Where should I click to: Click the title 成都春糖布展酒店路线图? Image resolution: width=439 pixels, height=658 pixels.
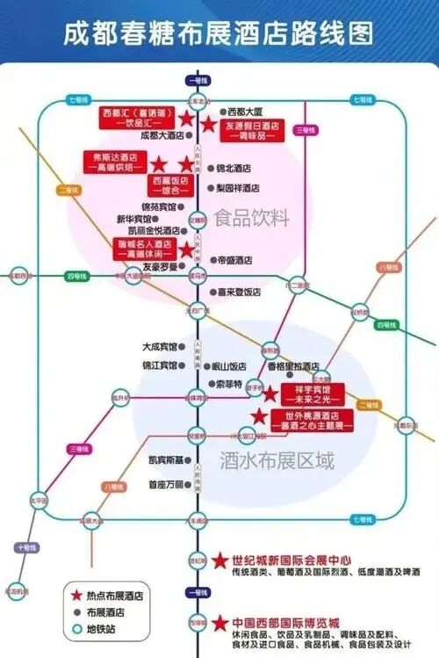(x=219, y=33)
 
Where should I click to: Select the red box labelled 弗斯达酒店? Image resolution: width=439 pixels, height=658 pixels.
(x=114, y=162)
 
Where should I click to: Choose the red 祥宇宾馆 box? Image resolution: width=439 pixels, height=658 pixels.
(x=313, y=394)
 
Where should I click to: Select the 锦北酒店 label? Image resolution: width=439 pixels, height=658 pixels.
(x=234, y=168)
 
